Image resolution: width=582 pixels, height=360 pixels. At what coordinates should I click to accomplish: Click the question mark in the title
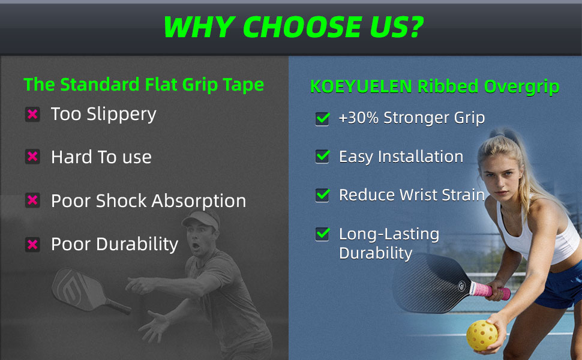point(413,27)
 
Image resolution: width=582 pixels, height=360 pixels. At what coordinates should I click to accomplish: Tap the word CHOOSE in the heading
point(302,27)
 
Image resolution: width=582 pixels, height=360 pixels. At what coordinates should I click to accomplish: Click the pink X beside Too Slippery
point(32,114)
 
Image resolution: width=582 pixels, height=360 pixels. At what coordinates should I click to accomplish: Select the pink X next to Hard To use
point(32,157)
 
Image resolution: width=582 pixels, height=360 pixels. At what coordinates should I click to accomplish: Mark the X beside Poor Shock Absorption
point(32,200)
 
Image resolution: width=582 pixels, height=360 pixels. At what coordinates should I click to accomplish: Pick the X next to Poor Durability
point(32,244)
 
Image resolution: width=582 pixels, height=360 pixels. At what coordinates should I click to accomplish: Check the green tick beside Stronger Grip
point(323,118)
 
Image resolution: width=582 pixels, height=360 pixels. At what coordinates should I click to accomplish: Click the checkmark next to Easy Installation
point(323,156)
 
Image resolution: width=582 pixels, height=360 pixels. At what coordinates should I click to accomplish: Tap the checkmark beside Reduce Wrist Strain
point(323,195)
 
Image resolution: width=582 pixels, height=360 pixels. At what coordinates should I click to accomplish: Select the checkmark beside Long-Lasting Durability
point(323,234)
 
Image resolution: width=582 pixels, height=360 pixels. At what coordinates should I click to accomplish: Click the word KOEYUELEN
point(361,86)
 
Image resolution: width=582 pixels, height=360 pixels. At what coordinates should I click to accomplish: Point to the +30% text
point(359,118)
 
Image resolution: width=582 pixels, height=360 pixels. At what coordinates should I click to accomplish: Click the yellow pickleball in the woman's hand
point(482,335)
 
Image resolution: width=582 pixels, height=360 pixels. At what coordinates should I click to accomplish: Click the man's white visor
point(201,220)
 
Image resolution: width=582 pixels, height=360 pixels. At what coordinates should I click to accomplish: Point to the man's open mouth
point(195,245)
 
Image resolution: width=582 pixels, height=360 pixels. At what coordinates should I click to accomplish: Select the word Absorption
point(199,202)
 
